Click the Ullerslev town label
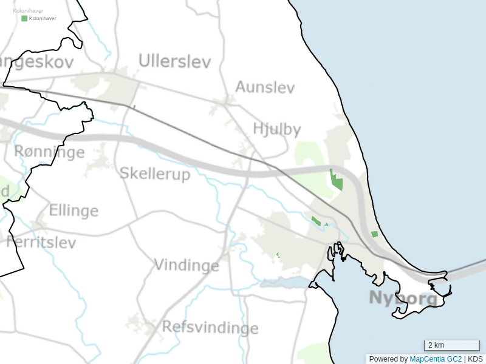174,61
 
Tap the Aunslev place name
265,87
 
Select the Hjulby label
276,129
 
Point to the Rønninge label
49,152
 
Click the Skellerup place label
155,174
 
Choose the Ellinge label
74,211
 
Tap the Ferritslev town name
41,243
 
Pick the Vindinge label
186,266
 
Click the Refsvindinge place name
210,328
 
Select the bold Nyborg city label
403,298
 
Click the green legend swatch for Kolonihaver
24,19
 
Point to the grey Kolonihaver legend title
28,10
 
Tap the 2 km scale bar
451,346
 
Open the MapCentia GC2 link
436,359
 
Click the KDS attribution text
475,359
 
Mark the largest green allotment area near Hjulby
337,181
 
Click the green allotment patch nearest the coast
374,234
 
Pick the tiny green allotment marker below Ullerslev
134,107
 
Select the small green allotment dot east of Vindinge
278,255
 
